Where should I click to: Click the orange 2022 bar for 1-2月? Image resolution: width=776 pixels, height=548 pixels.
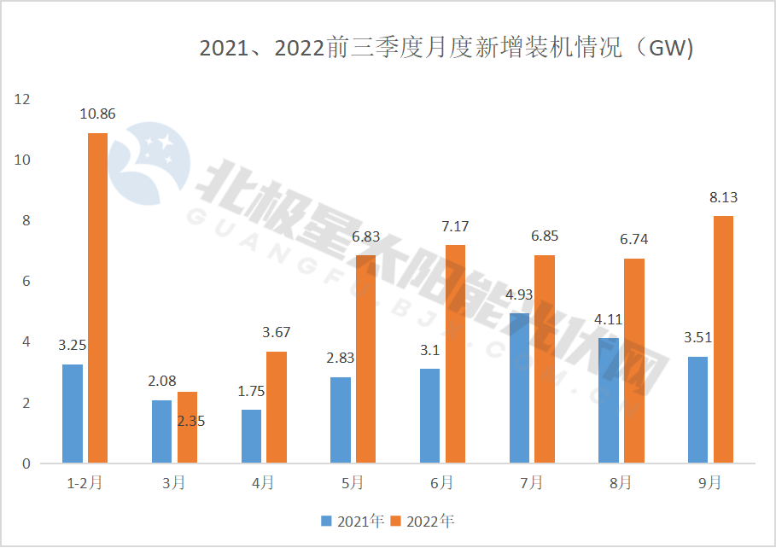[x=97, y=298]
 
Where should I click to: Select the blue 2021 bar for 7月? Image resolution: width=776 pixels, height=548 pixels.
[x=519, y=388]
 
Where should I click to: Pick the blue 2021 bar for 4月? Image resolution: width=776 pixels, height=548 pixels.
[x=251, y=436]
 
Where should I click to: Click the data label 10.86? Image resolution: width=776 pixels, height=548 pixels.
[x=97, y=114]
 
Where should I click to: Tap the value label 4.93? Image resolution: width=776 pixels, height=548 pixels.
[x=520, y=295]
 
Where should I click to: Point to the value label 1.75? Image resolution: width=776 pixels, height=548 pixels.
[x=251, y=392]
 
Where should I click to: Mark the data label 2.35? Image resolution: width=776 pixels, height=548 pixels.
[x=190, y=420]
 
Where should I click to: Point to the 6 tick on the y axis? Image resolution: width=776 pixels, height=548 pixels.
[x=26, y=282]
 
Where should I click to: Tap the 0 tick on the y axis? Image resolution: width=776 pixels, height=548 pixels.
[x=26, y=463]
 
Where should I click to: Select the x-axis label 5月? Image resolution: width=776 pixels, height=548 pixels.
[x=352, y=483]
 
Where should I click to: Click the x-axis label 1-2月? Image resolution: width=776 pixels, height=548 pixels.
[x=85, y=483]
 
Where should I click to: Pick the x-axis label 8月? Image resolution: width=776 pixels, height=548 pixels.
[x=620, y=483]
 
